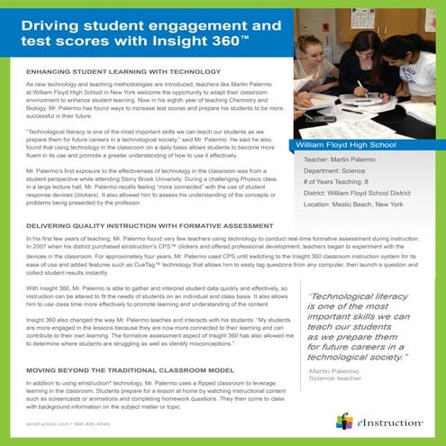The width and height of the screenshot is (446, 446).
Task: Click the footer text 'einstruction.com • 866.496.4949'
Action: [61, 423]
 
